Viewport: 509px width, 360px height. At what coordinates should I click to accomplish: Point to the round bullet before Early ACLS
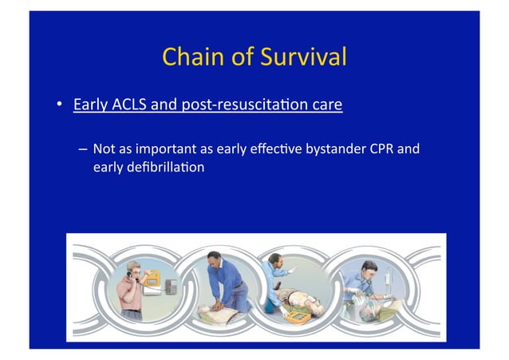click(59, 105)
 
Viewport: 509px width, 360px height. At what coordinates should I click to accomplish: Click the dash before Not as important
click(83, 148)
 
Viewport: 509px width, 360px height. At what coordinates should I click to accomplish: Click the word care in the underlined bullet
click(327, 105)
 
